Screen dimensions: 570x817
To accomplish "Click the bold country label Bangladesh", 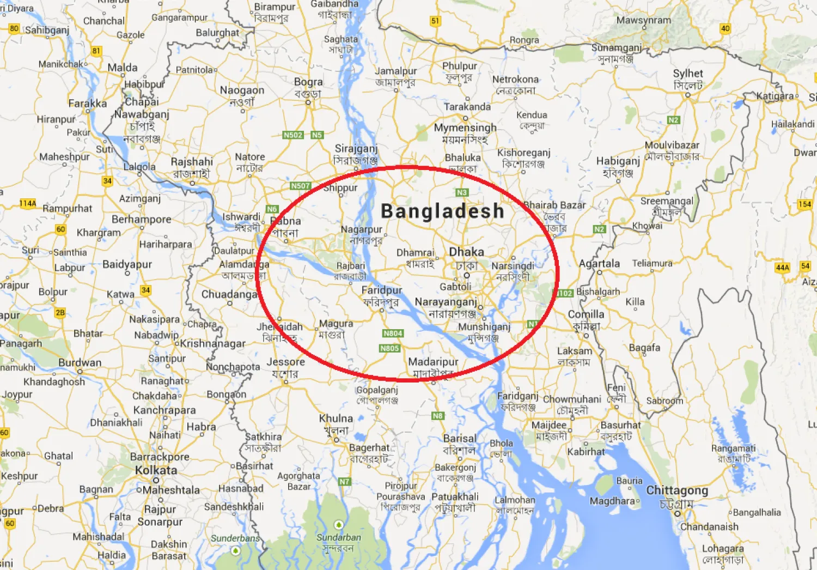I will pyautogui.click(x=442, y=211).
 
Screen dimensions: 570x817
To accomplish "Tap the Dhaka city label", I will pyautogui.click(x=466, y=252).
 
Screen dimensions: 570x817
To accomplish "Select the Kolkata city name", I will pyautogui.click(x=156, y=470).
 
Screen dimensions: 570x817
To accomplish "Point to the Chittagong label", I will pyautogui.click(x=677, y=490).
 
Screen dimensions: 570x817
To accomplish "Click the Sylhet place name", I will pyautogui.click(x=688, y=74).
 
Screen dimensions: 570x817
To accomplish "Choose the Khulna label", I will pyautogui.click(x=336, y=419).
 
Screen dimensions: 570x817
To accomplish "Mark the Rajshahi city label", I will pyautogui.click(x=192, y=162).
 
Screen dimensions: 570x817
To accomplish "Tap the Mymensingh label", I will pyautogui.click(x=465, y=128).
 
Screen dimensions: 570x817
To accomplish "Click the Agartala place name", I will pyautogui.click(x=599, y=264).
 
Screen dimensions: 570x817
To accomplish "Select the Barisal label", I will pyautogui.click(x=460, y=439).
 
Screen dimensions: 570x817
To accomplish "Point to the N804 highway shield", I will pyautogui.click(x=393, y=333).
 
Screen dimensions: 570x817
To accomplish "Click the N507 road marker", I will pyautogui.click(x=300, y=186).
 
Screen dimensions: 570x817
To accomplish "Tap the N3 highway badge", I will pyautogui.click(x=461, y=192).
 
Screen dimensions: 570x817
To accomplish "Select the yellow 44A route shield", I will pyautogui.click(x=782, y=268).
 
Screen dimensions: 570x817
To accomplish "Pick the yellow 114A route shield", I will pyautogui.click(x=28, y=203).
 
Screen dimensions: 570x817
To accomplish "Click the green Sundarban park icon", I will pyautogui.click(x=339, y=525).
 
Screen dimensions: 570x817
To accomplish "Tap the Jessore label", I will pyautogui.click(x=285, y=362).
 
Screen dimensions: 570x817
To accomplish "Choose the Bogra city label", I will pyautogui.click(x=308, y=82).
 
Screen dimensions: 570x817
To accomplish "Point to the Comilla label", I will pyautogui.click(x=586, y=314).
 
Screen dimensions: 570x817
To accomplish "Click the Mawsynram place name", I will pyautogui.click(x=644, y=20).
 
